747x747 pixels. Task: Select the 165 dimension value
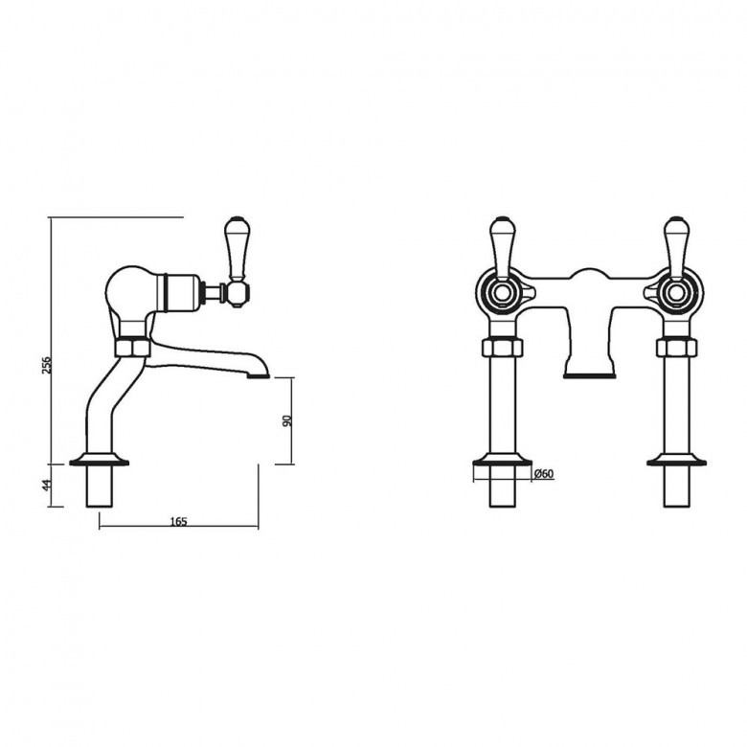[177, 521]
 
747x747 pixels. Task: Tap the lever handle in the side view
[235, 248]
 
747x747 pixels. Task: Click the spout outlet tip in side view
[257, 374]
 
